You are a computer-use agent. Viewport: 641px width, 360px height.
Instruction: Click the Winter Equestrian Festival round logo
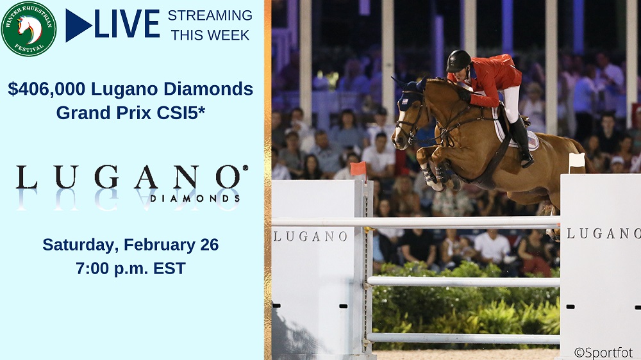[x=29, y=29]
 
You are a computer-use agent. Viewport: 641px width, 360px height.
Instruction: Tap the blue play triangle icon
[x=78, y=26]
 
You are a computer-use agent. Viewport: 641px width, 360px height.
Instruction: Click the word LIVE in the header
[x=127, y=24]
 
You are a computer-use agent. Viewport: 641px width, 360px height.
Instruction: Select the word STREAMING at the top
[x=210, y=15]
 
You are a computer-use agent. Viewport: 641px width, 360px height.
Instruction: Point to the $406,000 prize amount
[x=46, y=89]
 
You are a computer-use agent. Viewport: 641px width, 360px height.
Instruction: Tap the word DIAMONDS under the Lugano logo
[x=195, y=199]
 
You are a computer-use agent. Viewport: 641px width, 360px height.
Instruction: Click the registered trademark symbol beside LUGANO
[x=246, y=168]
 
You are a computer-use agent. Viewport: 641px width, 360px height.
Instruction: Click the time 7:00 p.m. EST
[x=130, y=268]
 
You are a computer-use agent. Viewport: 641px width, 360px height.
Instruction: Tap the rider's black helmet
[x=458, y=61]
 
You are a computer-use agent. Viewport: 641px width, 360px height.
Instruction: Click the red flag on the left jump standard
[x=358, y=168]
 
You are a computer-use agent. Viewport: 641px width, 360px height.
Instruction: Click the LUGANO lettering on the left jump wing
[x=310, y=236]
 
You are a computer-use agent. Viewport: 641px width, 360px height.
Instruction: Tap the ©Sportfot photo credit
[x=603, y=352]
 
